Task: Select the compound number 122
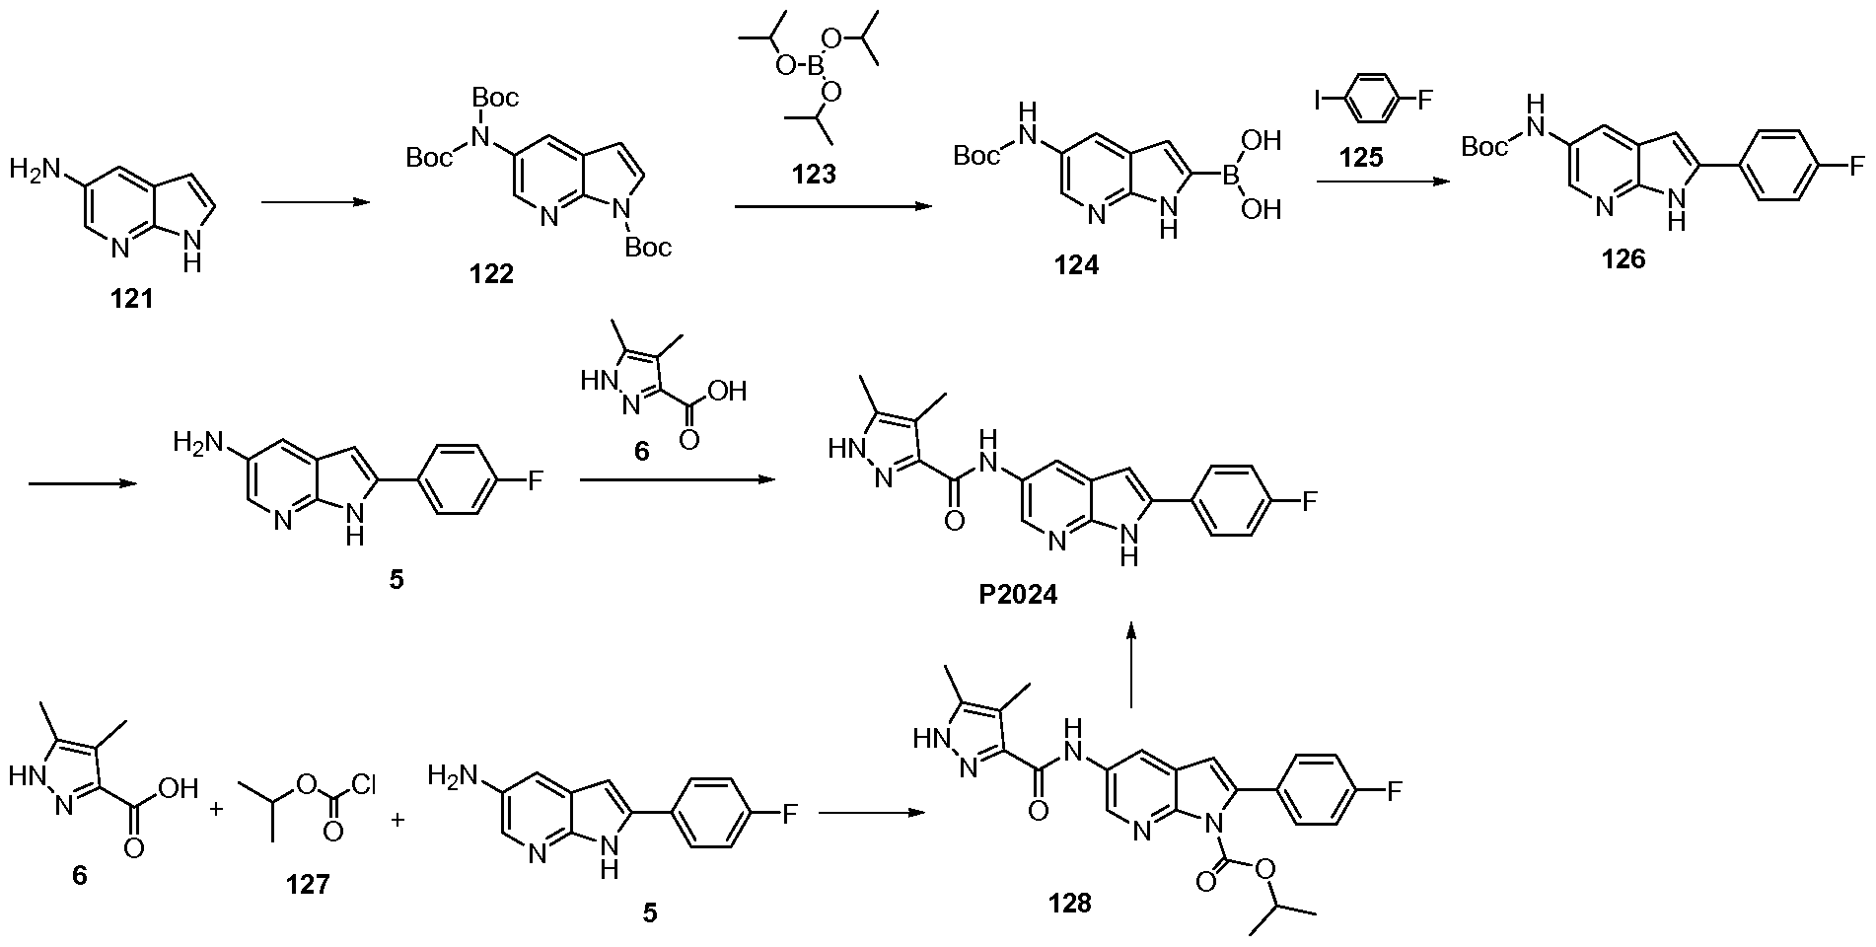pos(492,274)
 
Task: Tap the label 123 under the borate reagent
pos(815,175)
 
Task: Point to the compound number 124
pos(1076,266)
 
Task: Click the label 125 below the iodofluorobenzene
pos(1361,158)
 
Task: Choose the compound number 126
pos(1623,258)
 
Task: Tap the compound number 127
pos(309,885)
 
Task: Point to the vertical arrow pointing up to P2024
pos(1131,665)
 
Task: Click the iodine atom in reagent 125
pos(1319,100)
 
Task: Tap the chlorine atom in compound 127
pos(363,786)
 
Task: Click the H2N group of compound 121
pos(34,170)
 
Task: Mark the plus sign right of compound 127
pos(398,819)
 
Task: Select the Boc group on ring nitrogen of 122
pos(647,247)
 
